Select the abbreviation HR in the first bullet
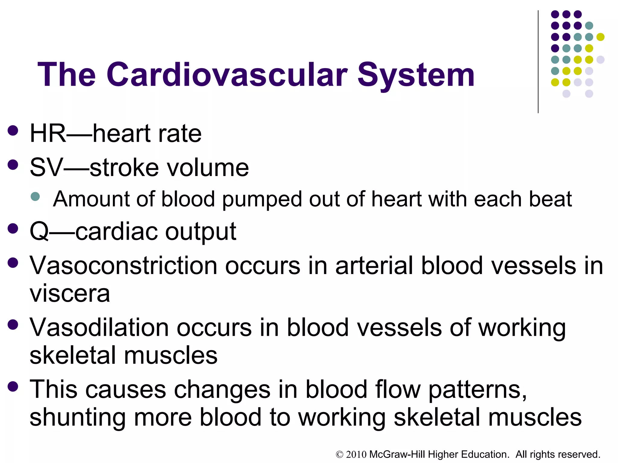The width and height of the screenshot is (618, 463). tap(48, 134)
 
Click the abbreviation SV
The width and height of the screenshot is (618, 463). tap(46, 168)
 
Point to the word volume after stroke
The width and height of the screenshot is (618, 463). tap(208, 168)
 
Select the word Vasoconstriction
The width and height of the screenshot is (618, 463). tap(123, 266)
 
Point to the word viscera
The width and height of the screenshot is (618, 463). tap(70, 293)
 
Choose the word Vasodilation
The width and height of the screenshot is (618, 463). tap(99, 328)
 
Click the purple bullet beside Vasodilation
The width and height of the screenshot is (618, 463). tap(13, 325)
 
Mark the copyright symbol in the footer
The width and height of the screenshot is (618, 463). tap(340, 455)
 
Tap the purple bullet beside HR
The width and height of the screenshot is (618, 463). tap(13, 131)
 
